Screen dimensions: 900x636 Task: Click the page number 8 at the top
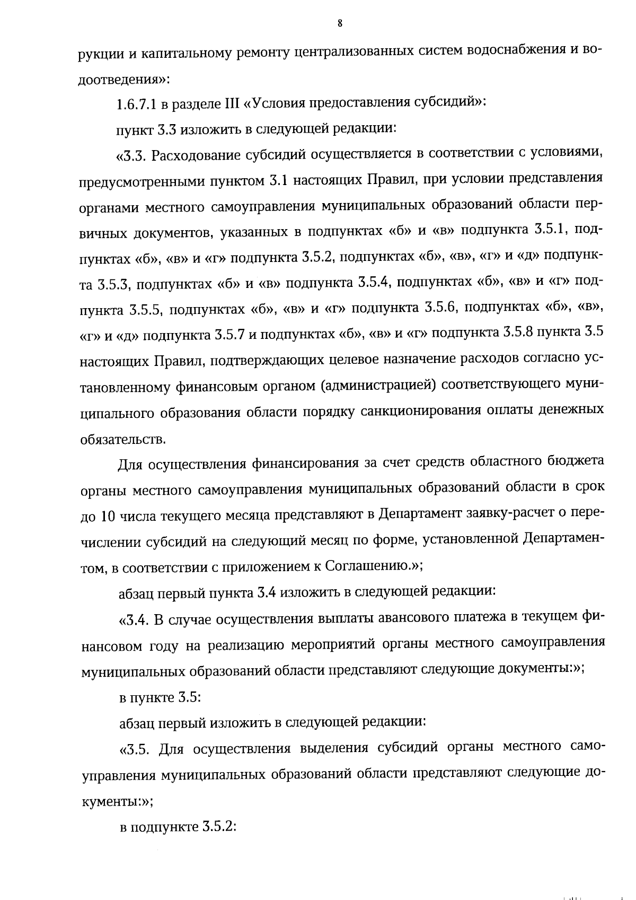pyautogui.click(x=339, y=23)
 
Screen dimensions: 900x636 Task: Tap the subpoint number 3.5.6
pyautogui.click(x=442, y=308)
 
